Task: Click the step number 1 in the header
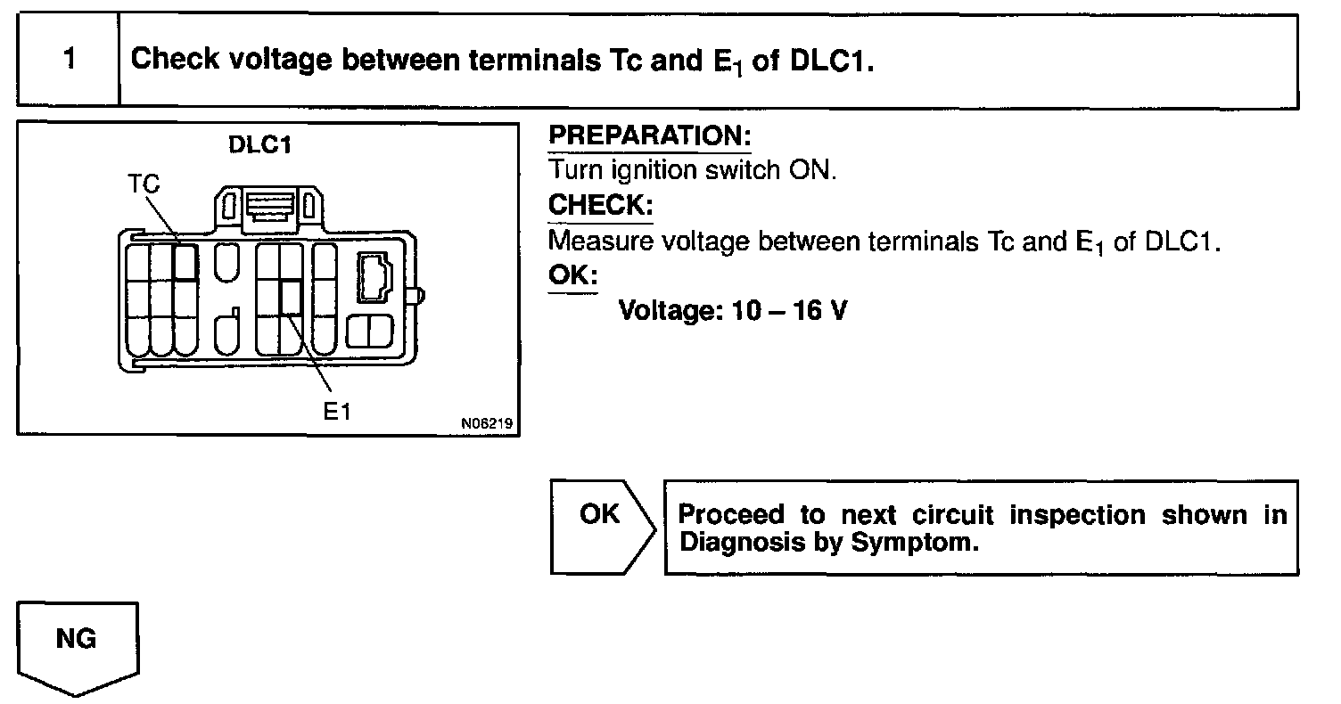coord(68,61)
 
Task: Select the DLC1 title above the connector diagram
coord(260,145)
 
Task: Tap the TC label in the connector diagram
coord(144,184)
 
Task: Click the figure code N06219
coord(488,425)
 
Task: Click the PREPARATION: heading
coord(650,136)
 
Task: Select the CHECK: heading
coord(600,205)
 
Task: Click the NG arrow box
coord(77,643)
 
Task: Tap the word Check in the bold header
coord(174,61)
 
